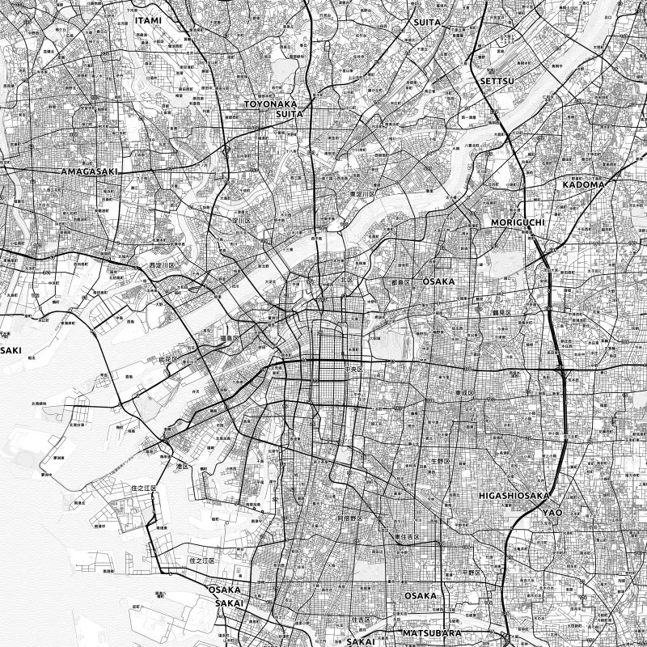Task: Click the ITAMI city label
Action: point(149,19)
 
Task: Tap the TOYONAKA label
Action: point(272,104)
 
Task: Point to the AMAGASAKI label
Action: point(89,172)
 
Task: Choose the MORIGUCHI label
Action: point(518,222)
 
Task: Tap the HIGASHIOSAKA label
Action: point(514,495)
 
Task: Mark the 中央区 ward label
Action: point(354,369)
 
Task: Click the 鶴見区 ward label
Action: point(503,311)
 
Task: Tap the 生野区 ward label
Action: point(439,461)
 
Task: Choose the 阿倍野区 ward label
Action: point(352,517)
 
